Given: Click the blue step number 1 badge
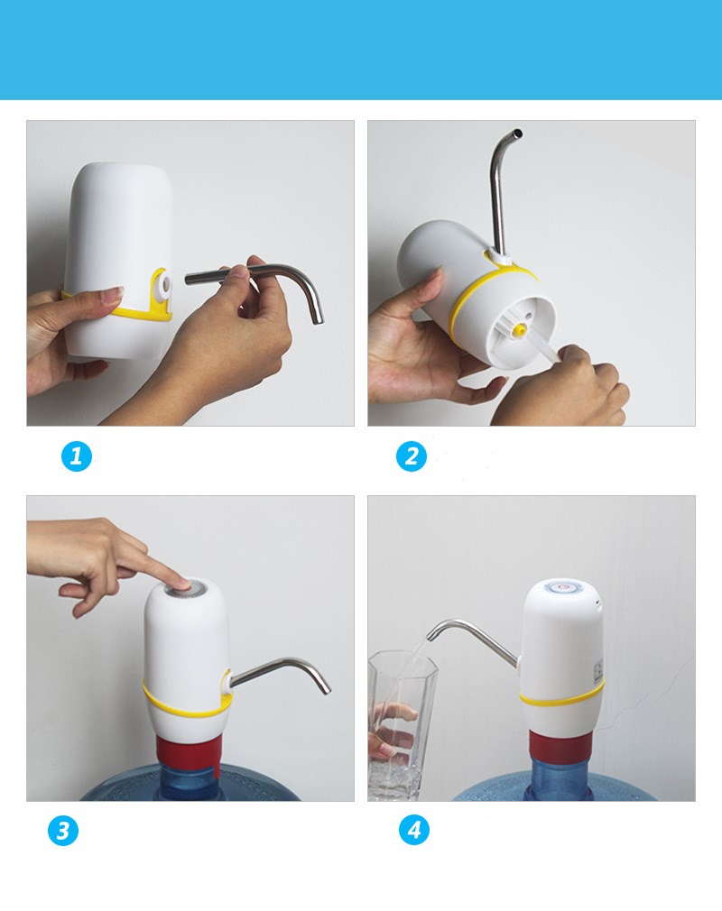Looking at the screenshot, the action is click(x=77, y=456).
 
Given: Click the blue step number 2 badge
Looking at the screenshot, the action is click(x=412, y=456).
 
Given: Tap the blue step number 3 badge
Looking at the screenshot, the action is click(x=63, y=831).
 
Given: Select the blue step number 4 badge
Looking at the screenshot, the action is click(x=414, y=830).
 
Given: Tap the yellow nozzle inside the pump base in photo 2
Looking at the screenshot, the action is click(x=517, y=330).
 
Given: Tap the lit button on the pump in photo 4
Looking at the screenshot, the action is click(x=561, y=587).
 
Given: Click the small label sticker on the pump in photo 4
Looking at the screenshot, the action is click(x=598, y=671).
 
